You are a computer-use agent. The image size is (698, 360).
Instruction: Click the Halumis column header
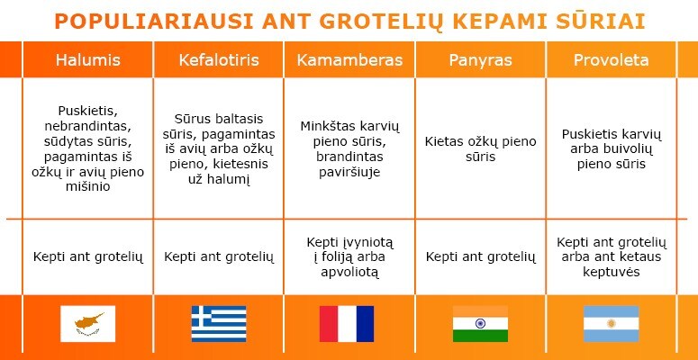[x=87, y=60]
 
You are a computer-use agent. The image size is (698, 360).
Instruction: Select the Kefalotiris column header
[x=219, y=60]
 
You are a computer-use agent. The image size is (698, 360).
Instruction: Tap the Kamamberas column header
[x=349, y=60]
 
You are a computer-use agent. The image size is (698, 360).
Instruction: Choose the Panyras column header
[x=480, y=60]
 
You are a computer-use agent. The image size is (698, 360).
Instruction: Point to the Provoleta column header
[x=612, y=60]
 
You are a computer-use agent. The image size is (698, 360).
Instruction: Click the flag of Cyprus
[x=87, y=323]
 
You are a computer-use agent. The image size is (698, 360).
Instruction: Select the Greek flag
[x=219, y=323]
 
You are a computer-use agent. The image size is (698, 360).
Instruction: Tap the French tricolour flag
[x=347, y=323]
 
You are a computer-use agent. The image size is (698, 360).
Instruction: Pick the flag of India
[x=480, y=323]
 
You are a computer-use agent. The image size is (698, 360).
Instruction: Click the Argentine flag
[x=612, y=323]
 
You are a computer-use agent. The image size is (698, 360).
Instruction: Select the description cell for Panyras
[x=480, y=148]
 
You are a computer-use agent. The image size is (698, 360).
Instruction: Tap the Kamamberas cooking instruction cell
[x=349, y=257]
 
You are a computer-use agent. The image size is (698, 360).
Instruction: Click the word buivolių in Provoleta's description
[x=630, y=149]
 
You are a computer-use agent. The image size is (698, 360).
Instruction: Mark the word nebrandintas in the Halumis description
[x=87, y=126]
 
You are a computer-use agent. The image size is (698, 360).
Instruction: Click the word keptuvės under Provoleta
[x=612, y=273]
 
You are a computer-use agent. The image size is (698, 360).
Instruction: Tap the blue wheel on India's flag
[x=480, y=323]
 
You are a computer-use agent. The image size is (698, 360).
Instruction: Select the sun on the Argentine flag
[x=612, y=323]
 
